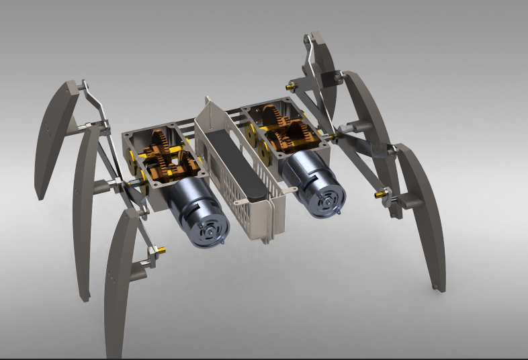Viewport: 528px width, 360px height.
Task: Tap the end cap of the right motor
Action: click(x=327, y=197)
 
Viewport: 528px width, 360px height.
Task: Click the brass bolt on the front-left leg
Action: click(x=161, y=251)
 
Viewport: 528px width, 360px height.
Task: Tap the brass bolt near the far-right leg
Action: click(x=381, y=195)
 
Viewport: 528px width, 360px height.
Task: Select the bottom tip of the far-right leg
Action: click(x=439, y=287)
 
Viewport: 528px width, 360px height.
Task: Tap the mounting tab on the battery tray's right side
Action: click(x=290, y=191)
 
